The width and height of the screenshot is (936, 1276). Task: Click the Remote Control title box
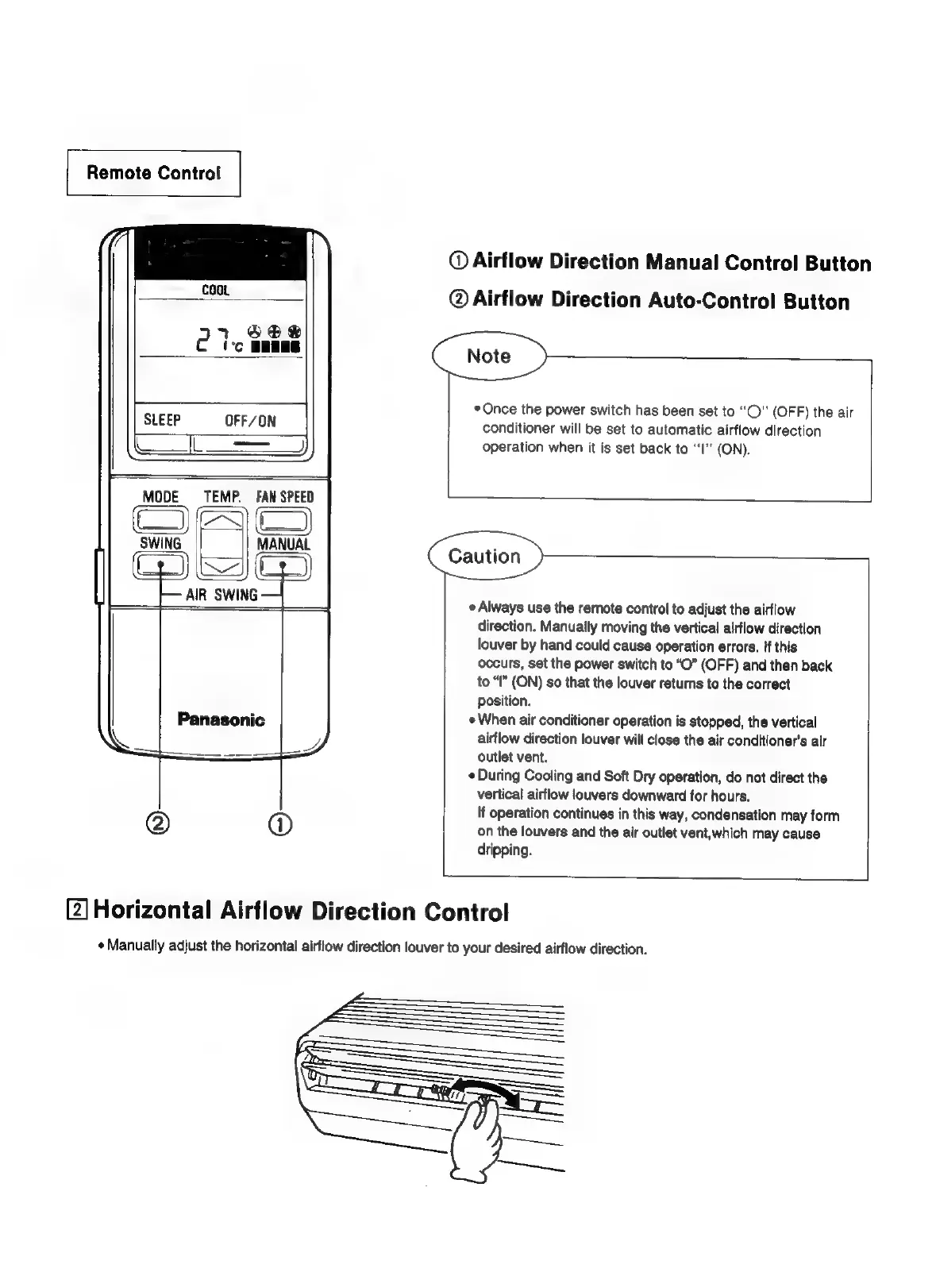pos(153,173)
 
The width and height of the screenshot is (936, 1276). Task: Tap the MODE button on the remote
pos(161,520)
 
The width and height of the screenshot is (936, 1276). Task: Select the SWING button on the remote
pos(161,565)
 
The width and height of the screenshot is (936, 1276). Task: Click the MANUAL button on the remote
pos(283,565)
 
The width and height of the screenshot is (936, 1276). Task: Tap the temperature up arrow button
pos(222,521)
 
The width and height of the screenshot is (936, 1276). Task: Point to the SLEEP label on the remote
pos(162,420)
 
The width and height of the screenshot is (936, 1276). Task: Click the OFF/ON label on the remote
pos(250,421)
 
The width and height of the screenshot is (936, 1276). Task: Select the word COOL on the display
pos(215,291)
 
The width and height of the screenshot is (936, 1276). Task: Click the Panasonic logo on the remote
pos(221,720)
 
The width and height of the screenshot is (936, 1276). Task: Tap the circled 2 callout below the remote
pos(160,823)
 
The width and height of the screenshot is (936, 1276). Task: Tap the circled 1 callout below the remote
pos(283,823)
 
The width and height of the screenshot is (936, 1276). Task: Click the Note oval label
pos(489,357)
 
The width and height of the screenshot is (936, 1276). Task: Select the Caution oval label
pos(484,556)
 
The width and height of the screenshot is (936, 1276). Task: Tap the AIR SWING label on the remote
pos(221,595)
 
